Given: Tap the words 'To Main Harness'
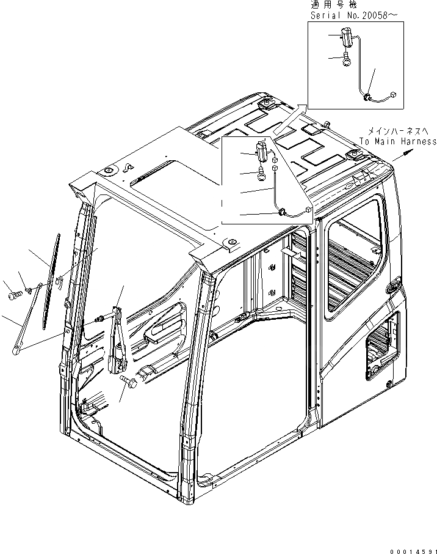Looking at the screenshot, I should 397,141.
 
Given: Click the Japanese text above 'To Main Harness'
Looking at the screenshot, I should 395,131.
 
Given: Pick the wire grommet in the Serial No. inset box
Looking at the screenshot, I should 366,97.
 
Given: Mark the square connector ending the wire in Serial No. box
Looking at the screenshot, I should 393,95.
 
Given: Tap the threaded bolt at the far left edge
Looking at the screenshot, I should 14,295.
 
